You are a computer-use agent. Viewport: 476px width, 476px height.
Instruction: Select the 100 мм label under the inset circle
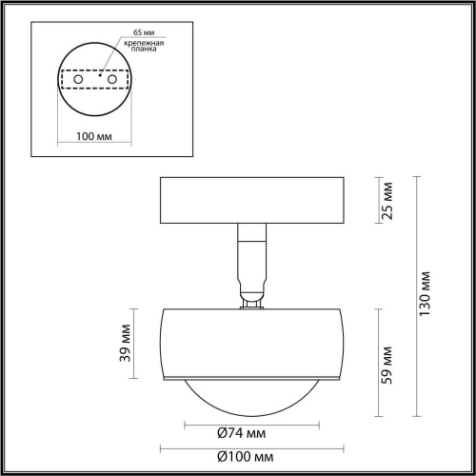(x=93, y=136)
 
